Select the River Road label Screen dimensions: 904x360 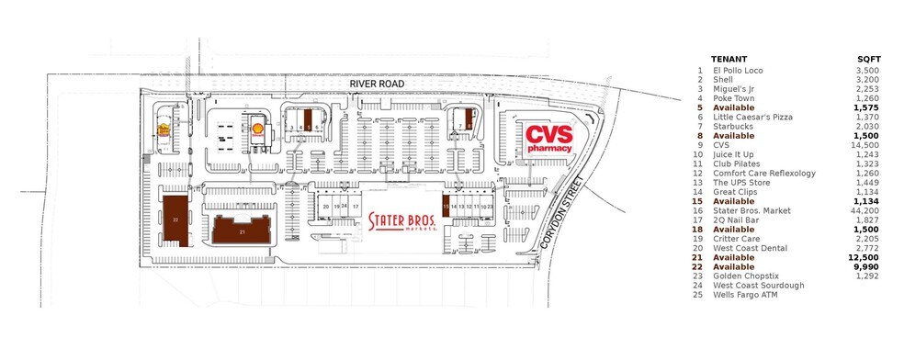click(x=376, y=84)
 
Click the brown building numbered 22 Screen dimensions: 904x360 click(x=174, y=219)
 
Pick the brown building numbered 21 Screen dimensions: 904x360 click(x=242, y=231)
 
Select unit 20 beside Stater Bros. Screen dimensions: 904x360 click(x=326, y=207)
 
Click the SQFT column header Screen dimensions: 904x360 click(x=867, y=58)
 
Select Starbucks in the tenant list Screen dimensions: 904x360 click(x=732, y=126)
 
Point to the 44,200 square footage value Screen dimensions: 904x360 click(x=867, y=211)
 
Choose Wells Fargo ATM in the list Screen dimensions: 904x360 click(x=744, y=294)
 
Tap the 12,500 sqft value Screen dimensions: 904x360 click(x=867, y=257)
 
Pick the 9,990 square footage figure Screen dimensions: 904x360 click(x=869, y=266)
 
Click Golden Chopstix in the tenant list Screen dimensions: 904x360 click(x=745, y=276)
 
